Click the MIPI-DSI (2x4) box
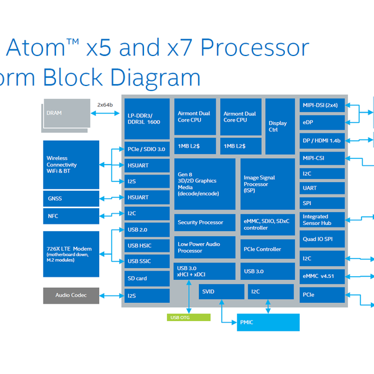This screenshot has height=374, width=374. coord(321,105)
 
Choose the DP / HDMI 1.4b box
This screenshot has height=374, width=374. coord(321,141)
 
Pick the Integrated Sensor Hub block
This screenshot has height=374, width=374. coord(321,219)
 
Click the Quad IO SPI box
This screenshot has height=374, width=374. coord(321,239)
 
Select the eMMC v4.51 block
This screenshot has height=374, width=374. coord(321,276)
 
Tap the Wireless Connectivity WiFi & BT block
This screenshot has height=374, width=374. coord(71,165)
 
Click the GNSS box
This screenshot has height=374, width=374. coord(71,199)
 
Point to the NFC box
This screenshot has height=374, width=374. coord(71,216)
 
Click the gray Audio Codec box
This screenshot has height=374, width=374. coord(71,295)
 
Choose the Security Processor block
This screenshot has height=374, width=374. coord(205,223)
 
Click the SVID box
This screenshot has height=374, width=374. coord(222,291)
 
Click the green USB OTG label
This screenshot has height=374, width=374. coord(181,317)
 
